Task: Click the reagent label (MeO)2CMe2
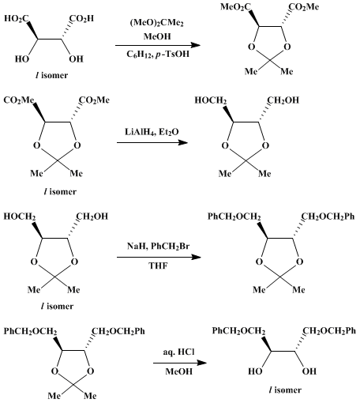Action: pyautogui.click(x=157, y=23)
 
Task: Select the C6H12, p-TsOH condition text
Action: pyautogui.click(x=158, y=55)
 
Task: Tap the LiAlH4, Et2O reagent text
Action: pyautogui.click(x=152, y=131)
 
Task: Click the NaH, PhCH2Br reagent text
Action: pyautogui.click(x=159, y=247)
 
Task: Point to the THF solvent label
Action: pyautogui.click(x=159, y=266)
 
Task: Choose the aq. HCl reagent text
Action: pyautogui.click(x=178, y=352)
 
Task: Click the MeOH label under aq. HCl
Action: pyautogui.click(x=179, y=371)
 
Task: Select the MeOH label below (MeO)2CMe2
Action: pyautogui.click(x=157, y=36)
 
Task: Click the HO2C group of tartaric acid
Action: pyautogui.click(x=17, y=19)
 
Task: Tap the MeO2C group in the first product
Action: pyautogui.click(x=235, y=7)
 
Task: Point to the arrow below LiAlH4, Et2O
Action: pyautogui.click(x=152, y=142)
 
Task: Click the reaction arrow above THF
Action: pyautogui.click(x=159, y=257)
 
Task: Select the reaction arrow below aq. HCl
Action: pyautogui.click(x=180, y=363)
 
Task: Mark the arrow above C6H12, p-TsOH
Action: pyautogui.click(x=158, y=45)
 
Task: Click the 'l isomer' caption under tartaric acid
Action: pyautogui.click(x=51, y=75)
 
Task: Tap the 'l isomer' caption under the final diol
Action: pyautogui.click(x=285, y=390)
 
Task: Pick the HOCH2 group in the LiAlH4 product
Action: pyautogui.click(x=211, y=100)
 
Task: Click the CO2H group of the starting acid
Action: pyautogui.click(x=81, y=19)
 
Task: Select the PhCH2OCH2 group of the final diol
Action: pyautogui.click(x=238, y=331)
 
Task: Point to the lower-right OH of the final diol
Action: pyautogui.click(x=309, y=371)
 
